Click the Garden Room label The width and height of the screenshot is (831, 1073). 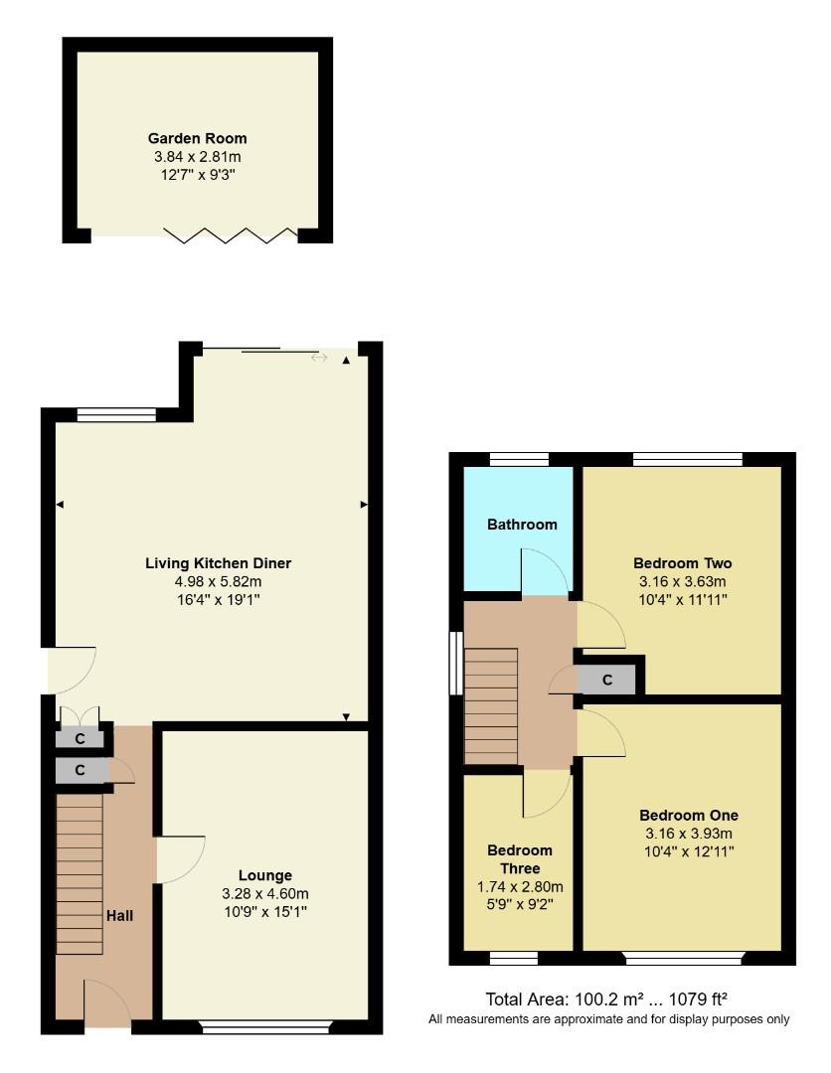pyautogui.click(x=197, y=138)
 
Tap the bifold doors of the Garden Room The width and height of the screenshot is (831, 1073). pyautogui.click(x=231, y=234)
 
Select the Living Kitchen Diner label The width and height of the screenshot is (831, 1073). pyautogui.click(x=218, y=563)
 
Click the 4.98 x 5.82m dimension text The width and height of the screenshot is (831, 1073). pyautogui.click(x=218, y=581)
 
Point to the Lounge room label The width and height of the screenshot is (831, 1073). pyautogui.click(x=265, y=875)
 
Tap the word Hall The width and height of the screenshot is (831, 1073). pyautogui.click(x=119, y=915)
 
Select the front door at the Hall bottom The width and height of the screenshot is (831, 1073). pyautogui.click(x=108, y=1003)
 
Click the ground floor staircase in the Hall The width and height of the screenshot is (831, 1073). pyautogui.click(x=80, y=874)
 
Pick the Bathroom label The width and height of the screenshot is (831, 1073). pyautogui.click(x=522, y=524)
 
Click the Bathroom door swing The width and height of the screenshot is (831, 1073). pyautogui.click(x=545, y=573)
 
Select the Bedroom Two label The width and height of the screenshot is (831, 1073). pyautogui.click(x=682, y=562)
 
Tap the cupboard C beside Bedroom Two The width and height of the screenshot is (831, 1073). pyautogui.click(x=607, y=681)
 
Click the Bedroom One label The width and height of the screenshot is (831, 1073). pyautogui.click(x=689, y=815)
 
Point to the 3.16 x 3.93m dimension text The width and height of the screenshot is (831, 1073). pyautogui.click(x=689, y=833)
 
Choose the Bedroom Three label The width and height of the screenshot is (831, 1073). pyautogui.click(x=519, y=859)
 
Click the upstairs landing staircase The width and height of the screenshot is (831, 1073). pyautogui.click(x=491, y=705)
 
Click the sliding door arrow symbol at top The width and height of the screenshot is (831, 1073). pyautogui.click(x=319, y=358)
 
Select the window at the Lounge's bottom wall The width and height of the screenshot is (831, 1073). pyautogui.click(x=265, y=1027)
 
